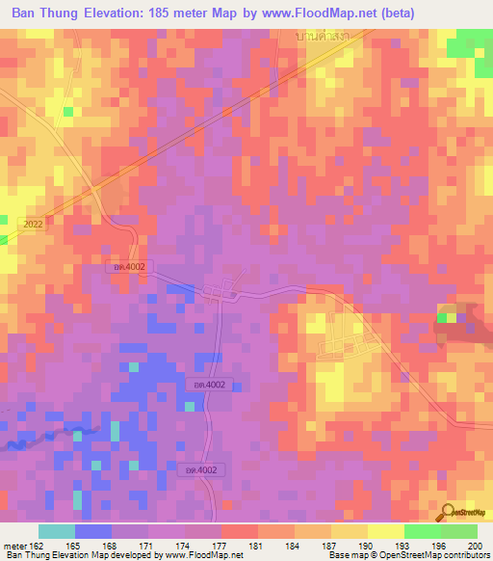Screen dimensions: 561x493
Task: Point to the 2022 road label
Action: click(x=30, y=223)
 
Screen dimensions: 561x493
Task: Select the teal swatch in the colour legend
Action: click(x=57, y=531)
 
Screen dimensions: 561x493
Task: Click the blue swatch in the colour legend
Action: click(x=93, y=531)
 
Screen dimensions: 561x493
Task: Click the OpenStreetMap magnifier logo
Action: click(x=448, y=512)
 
